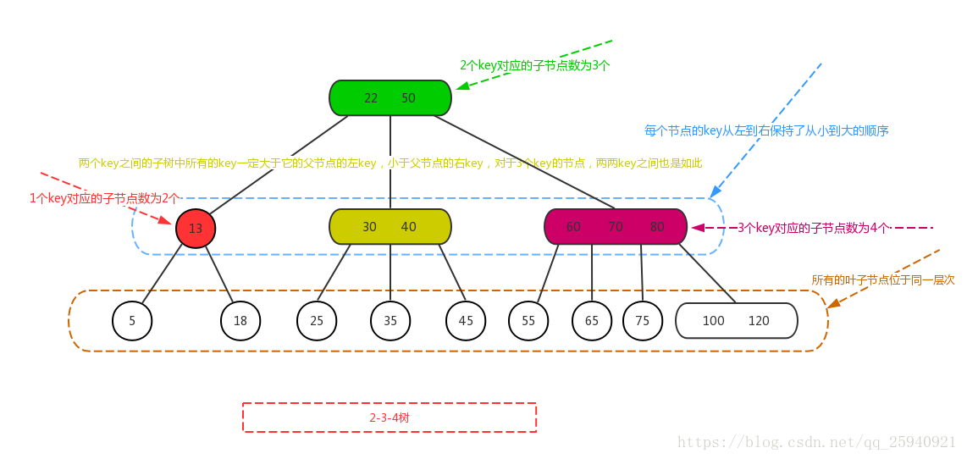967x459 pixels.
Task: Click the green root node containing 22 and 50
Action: pyautogui.click(x=390, y=97)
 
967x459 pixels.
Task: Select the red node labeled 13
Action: pyautogui.click(x=196, y=228)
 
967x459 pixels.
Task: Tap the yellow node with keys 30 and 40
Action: pyautogui.click(x=390, y=227)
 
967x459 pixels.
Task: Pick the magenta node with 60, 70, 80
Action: pyautogui.click(x=615, y=227)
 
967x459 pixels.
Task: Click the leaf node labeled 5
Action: pyautogui.click(x=132, y=321)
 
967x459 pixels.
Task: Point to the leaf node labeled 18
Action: pyautogui.click(x=240, y=321)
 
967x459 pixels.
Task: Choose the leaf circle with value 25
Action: pyautogui.click(x=317, y=321)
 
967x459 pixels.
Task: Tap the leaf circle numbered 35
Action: pyautogui.click(x=390, y=321)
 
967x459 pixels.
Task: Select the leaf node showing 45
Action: pyautogui.click(x=466, y=321)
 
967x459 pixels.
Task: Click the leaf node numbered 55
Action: pyautogui.click(x=528, y=321)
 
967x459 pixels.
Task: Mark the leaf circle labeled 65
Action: pyautogui.click(x=592, y=321)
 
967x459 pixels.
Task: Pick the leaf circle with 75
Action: pyautogui.click(x=643, y=321)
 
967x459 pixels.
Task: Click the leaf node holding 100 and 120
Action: pyautogui.click(x=737, y=321)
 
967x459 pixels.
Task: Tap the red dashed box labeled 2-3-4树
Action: pyautogui.click(x=390, y=418)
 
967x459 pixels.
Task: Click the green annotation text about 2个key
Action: pyautogui.click(x=534, y=65)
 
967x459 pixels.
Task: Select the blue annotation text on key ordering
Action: pyautogui.click(x=766, y=131)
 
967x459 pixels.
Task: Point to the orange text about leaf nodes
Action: pyautogui.click(x=882, y=279)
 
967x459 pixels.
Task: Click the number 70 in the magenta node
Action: pyautogui.click(x=616, y=227)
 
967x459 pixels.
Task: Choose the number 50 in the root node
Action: pyautogui.click(x=408, y=98)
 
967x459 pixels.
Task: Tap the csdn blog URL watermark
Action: pyautogui.click(x=817, y=442)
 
